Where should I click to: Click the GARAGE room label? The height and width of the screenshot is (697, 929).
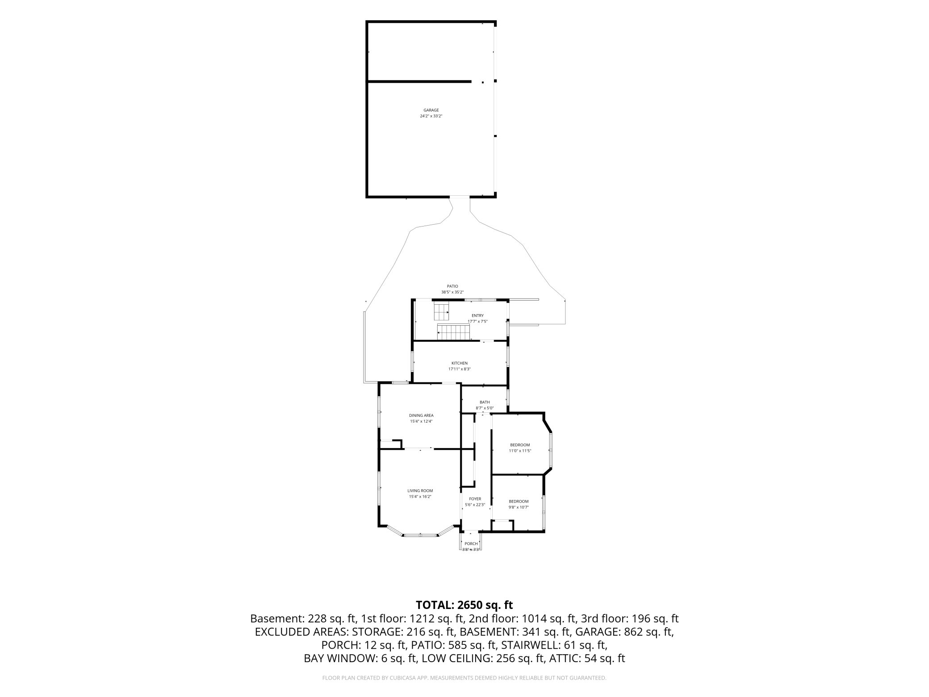[431, 110]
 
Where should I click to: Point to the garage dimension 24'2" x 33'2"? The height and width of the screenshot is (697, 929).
[431, 116]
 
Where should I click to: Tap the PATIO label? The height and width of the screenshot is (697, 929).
[452, 286]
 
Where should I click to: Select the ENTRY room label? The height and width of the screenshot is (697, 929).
[477, 315]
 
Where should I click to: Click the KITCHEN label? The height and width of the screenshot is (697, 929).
[459, 363]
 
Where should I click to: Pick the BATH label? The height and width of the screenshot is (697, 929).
[485, 402]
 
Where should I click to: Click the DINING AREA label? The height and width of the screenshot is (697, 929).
[421, 416]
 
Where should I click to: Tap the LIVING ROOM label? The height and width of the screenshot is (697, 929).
[420, 491]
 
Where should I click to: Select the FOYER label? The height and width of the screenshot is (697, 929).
[475, 499]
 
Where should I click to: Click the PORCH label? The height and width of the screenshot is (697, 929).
[471, 544]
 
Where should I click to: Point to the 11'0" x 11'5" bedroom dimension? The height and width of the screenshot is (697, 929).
[520, 451]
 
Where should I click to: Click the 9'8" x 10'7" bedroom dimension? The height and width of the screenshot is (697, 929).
[519, 507]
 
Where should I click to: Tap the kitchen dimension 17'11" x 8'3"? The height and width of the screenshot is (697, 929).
[459, 369]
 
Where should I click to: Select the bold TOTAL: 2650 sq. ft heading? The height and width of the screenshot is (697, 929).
[464, 605]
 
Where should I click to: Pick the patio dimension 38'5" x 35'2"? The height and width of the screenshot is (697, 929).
[452, 292]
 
